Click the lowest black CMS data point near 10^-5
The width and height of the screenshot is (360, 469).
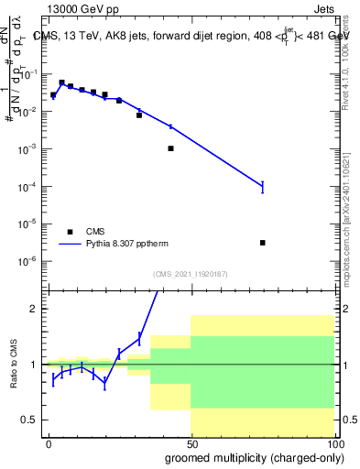tap(262, 243)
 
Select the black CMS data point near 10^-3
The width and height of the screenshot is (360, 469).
tap(170, 148)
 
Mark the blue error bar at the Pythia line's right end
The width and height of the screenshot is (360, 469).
tap(262, 186)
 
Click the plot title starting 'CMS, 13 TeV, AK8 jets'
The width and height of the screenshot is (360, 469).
tap(191, 36)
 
